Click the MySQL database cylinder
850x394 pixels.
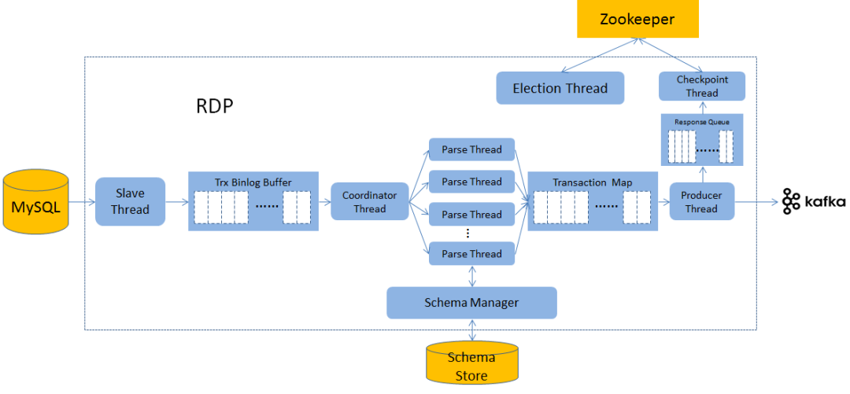point(35,201)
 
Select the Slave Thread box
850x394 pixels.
point(130,201)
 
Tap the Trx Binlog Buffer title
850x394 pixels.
point(253,182)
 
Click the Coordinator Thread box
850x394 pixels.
point(369,201)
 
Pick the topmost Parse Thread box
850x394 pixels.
point(471,149)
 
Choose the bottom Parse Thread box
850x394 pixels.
point(471,254)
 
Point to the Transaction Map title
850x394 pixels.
point(593,182)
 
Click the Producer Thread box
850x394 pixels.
point(701,201)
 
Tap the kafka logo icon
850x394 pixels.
point(790,201)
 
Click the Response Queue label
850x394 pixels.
point(701,122)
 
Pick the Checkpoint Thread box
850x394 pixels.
point(701,87)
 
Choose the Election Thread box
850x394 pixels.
point(560,88)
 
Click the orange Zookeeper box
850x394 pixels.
point(637,19)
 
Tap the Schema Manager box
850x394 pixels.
point(471,303)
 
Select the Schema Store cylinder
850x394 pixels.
point(471,362)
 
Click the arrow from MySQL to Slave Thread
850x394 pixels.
point(82,202)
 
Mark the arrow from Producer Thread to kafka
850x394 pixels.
point(758,202)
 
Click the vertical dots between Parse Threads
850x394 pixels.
point(468,234)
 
